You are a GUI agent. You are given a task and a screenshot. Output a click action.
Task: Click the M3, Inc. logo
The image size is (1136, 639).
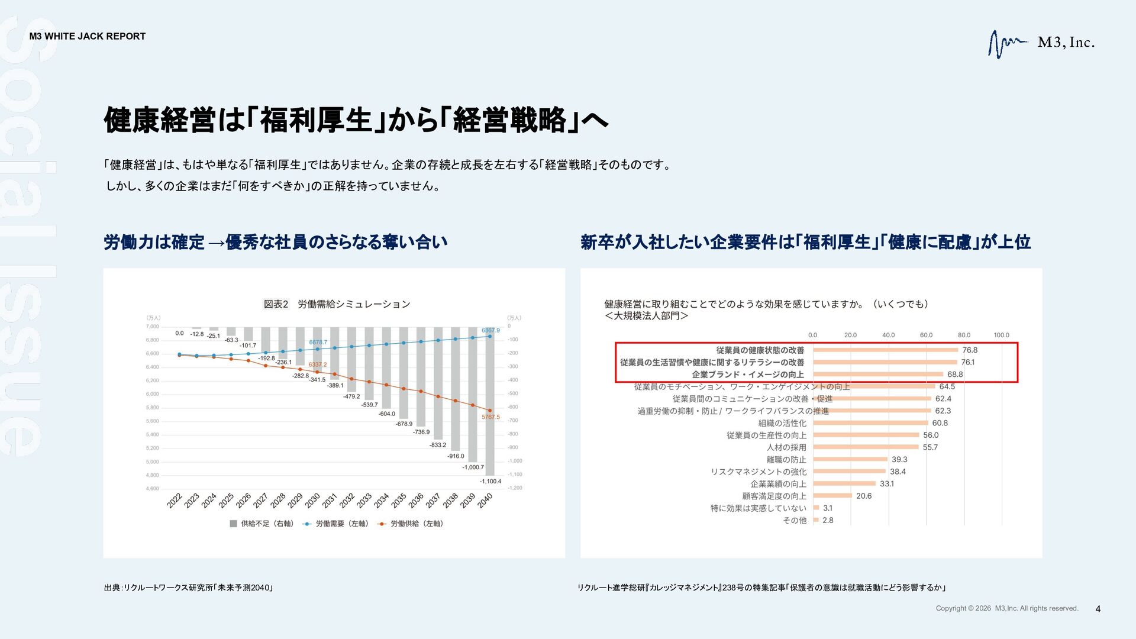1041,43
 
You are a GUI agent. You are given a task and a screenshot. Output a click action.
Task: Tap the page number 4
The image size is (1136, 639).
1098,609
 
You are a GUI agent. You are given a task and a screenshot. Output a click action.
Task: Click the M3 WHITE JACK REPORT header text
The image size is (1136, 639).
88,36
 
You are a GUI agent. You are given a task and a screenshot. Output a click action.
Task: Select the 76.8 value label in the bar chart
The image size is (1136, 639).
970,350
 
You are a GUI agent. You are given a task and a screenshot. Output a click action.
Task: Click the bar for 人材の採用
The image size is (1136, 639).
866,447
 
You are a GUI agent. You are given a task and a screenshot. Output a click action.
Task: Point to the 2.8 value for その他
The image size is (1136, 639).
828,521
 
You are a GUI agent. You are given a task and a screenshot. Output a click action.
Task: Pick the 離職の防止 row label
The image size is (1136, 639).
786,460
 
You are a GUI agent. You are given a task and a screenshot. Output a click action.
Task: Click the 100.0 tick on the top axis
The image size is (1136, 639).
1001,335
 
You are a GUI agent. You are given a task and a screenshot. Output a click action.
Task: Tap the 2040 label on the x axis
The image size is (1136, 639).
485,501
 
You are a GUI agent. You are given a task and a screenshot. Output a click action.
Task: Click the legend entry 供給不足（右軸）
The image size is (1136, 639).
262,524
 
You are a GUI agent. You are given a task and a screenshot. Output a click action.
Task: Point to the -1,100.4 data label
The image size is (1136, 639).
490,481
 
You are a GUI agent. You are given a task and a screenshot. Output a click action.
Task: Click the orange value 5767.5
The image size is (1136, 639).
490,417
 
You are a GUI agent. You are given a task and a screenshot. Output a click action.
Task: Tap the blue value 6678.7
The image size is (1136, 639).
318,342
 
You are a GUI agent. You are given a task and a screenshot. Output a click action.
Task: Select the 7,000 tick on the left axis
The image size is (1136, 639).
152,327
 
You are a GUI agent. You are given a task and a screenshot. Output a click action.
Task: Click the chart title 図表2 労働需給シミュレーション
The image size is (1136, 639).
337,304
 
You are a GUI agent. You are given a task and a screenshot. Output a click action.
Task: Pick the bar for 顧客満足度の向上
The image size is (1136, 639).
832,496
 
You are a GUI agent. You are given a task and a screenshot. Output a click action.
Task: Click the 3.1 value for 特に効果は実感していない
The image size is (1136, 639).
828,508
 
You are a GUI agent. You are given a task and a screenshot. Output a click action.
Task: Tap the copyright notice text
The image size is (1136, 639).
1007,609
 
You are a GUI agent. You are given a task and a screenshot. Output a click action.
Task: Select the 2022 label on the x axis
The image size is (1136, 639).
175,501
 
